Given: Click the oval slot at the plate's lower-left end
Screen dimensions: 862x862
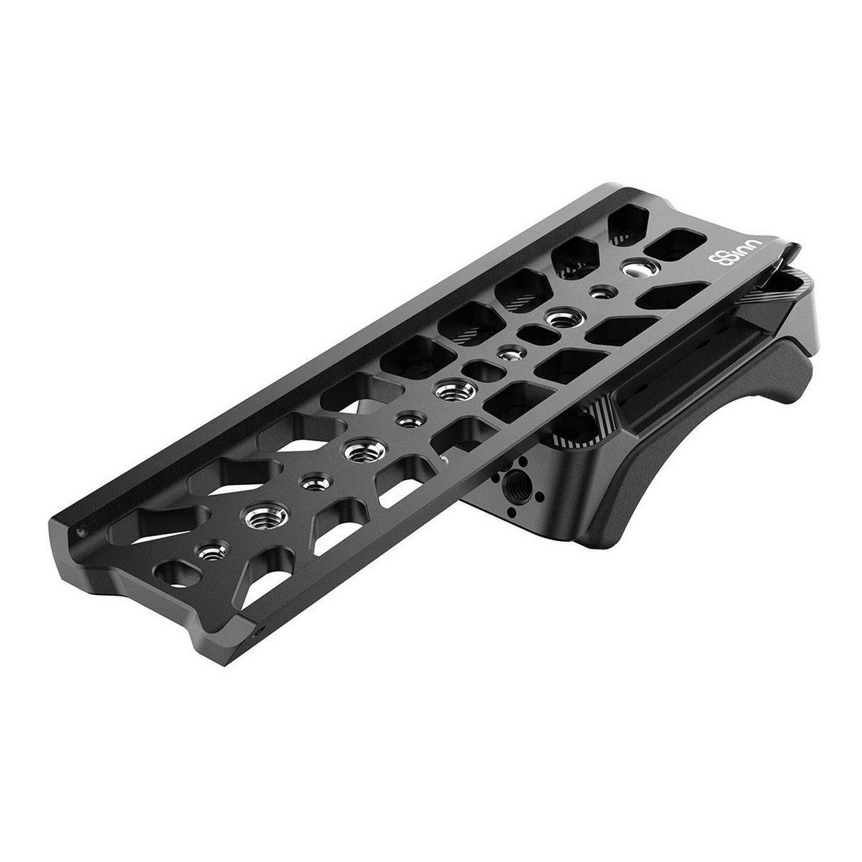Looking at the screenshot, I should (x=174, y=571).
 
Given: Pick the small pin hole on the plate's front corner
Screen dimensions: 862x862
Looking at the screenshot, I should (x=262, y=628).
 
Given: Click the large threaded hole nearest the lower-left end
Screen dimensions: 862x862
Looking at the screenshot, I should (x=258, y=517).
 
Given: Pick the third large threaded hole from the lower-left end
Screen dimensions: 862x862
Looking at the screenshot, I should (x=449, y=389).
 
